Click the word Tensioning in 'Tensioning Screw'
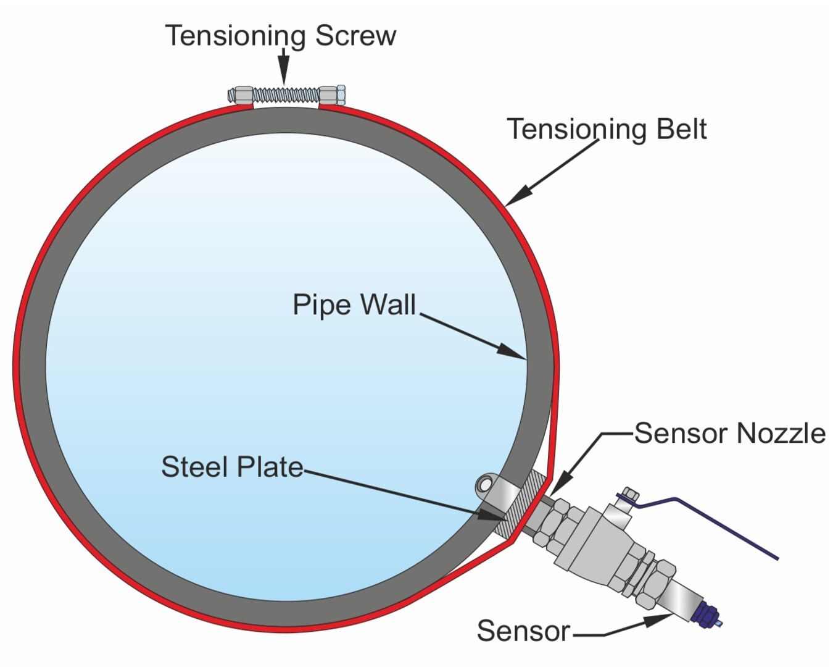click(237, 36)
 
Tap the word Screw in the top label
click(356, 36)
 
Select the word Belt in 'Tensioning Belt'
click(682, 128)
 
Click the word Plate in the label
click(270, 467)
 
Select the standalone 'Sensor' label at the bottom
click(523, 631)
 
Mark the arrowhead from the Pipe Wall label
click(512, 351)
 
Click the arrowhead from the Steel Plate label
click(491, 514)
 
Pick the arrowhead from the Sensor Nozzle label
click(559, 485)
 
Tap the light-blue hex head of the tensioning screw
click(341, 95)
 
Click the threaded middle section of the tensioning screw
click(286, 95)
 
